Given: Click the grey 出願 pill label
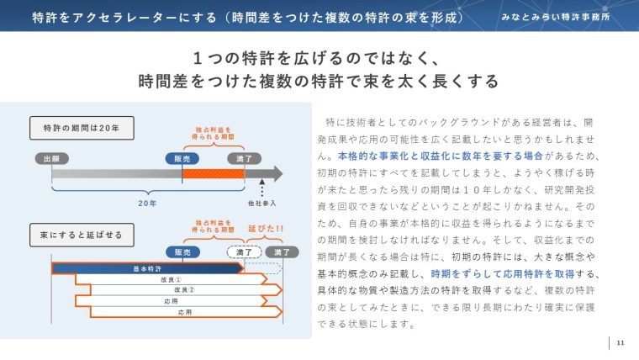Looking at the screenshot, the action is tap(52, 159).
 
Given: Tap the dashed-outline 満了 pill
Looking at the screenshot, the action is tap(244, 252).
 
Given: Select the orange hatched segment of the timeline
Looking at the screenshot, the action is tap(213, 174).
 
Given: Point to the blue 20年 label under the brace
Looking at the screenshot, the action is tap(147, 203).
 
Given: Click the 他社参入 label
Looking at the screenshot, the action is tap(262, 203).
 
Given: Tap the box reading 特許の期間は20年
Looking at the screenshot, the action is tap(82, 128).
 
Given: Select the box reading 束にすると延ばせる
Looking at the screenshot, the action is tap(82, 235).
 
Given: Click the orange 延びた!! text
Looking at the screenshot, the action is tap(266, 229).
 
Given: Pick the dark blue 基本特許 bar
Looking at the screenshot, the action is tap(147, 268).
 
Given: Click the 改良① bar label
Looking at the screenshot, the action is tap(172, 280).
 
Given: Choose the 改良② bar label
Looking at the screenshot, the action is tap(184, 290).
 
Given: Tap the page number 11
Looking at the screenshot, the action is tap(621, 342).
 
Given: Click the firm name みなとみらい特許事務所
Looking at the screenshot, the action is tap(556, 17).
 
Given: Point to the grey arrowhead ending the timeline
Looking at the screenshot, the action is tap(278, 173).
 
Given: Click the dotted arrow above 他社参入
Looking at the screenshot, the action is tap(262, 188).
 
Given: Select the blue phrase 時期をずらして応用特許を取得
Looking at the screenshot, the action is tap(503, 274).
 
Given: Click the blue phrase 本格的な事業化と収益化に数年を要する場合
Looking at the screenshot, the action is tap(441, 156).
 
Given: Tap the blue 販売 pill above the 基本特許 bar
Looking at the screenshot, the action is tap(182, 252).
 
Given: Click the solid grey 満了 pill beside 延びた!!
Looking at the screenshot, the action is tap(282, 252).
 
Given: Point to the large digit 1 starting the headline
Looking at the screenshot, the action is tap(198, 58).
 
